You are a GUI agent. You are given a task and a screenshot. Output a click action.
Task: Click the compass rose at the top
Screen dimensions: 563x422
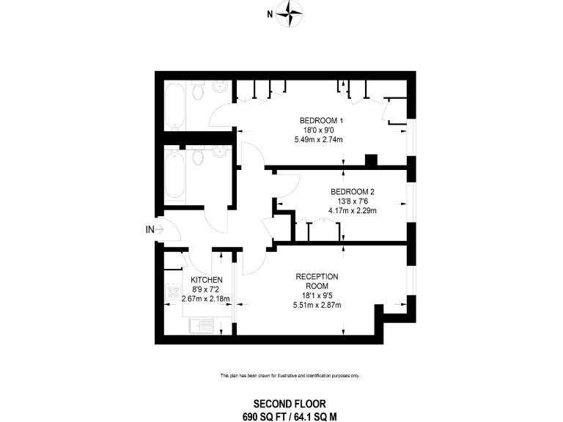[290, 14]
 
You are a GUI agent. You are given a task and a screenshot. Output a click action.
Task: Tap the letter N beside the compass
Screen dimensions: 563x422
[270, 14]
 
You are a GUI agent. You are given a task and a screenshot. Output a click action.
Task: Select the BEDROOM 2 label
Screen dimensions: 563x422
[353, 192]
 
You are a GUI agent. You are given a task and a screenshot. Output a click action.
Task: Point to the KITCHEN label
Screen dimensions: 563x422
[207, 280]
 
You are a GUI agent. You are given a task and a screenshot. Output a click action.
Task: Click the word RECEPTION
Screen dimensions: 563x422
[317, 277]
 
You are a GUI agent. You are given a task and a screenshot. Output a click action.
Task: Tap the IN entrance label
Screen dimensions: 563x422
[150, 229]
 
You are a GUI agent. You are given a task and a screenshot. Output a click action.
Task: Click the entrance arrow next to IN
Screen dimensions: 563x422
[160, 229]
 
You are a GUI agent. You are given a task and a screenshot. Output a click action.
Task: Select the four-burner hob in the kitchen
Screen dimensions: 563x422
[174, 292]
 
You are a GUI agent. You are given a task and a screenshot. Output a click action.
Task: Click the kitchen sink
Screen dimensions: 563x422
[201, 326]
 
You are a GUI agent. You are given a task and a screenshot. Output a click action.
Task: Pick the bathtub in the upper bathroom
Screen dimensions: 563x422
[175, 105]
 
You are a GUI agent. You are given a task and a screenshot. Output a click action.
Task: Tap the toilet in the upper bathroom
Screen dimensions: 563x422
[198, 89]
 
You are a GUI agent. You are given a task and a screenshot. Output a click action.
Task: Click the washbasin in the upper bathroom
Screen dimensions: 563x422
[220, 86]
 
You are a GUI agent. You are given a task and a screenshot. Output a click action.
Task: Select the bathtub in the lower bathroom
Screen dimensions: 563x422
[175, 174]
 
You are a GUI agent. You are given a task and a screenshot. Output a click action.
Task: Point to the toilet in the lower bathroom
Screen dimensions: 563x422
[197, 155]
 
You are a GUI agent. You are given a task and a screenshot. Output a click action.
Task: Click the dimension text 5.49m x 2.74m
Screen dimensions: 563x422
[318, 140]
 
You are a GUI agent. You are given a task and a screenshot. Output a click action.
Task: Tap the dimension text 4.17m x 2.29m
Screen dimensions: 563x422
[353, 211]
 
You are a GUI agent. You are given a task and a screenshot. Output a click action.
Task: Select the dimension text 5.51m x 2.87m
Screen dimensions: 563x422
[317, 306]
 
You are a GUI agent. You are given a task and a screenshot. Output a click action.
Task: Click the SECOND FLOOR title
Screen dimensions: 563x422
[290, 404]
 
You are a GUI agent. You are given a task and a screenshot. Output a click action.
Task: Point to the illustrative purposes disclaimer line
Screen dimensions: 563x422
[290, 376]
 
